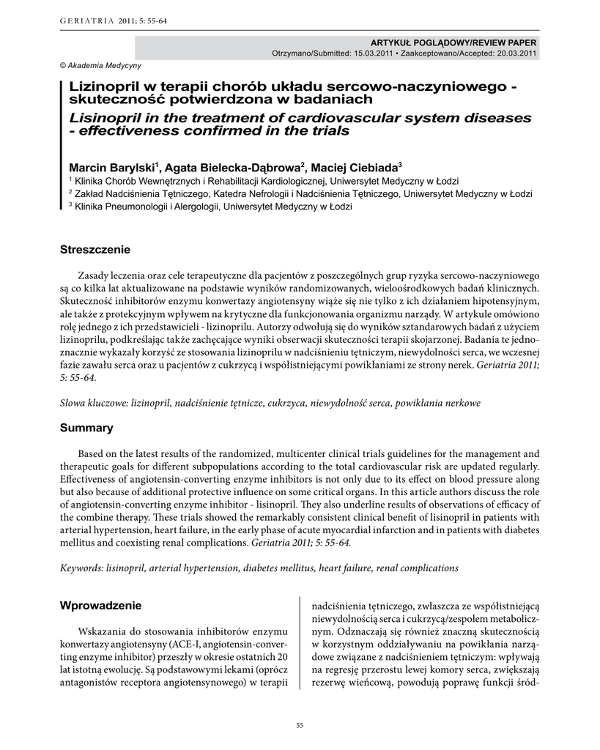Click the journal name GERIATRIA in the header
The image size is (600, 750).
82,21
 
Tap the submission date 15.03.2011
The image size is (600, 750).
377,53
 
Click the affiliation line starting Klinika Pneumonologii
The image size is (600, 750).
212,207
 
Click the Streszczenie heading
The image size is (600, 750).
95,250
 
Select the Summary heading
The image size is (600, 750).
86,428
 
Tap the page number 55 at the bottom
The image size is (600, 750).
300,725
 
